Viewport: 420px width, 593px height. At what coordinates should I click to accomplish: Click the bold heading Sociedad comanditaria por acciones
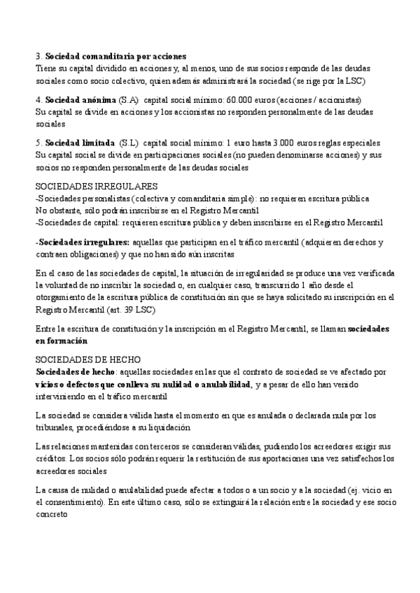tap(115, 56)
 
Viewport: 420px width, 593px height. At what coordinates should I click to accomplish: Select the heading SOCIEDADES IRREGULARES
tap(96, 187)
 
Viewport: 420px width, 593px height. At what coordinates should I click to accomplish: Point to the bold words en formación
tap(62, 341)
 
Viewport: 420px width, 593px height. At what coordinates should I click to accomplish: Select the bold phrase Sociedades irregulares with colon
tap(77, 243)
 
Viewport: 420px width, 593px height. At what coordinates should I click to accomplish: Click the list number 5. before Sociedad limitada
tap(38, 143)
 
